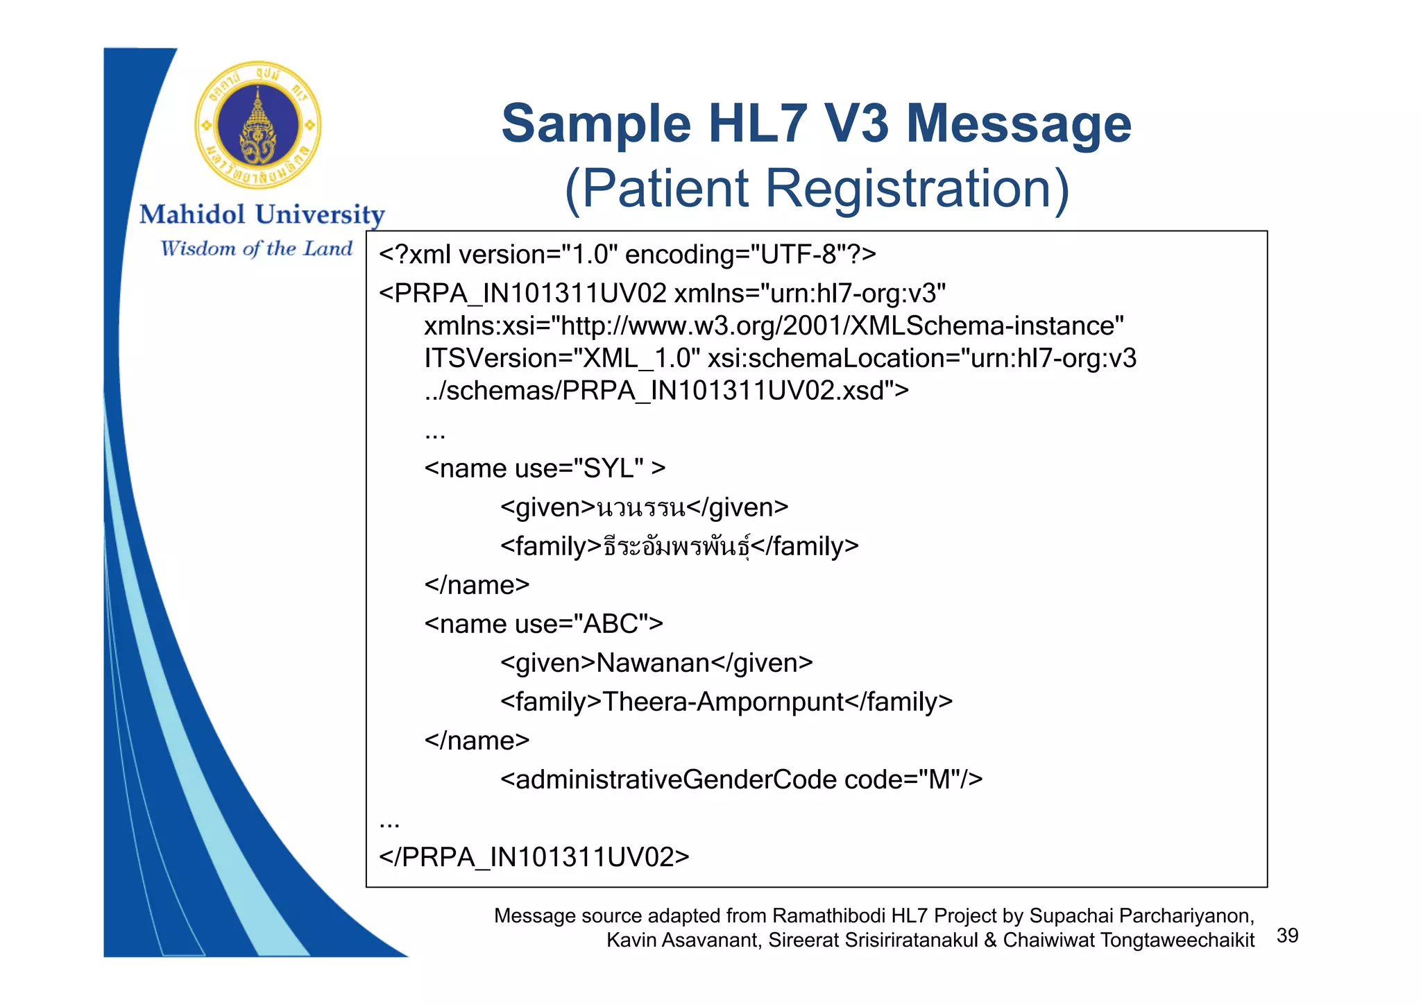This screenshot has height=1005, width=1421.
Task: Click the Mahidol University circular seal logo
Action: coord(258,126)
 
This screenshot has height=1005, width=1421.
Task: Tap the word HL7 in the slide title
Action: coord(757,124)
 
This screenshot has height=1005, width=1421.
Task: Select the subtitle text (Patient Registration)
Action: coord(817,189)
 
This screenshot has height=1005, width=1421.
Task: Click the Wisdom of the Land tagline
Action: coord(256,248)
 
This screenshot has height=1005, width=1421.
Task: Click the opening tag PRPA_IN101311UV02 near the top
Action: coord(530,294)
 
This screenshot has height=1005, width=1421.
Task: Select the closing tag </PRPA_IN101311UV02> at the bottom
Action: coord(534,857)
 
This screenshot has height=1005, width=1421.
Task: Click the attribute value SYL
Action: coord(609,468)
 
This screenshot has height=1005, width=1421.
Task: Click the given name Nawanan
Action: coord(653,663)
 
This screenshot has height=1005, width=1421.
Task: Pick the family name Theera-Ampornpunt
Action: coord(723,702)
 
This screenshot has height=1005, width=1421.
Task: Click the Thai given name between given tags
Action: coord(641,508)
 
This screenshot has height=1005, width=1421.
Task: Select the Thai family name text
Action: coord(677,547)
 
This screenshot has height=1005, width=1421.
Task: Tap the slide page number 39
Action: coord(1287,936)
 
